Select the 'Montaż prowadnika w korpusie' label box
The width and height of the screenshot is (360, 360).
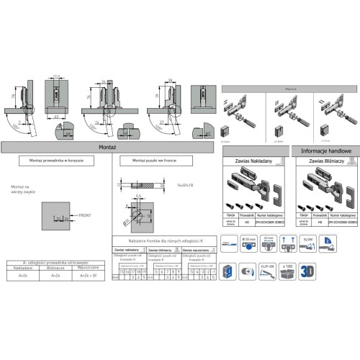tap(55, 161)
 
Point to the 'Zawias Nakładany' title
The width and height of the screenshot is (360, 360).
tap(256, 163)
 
